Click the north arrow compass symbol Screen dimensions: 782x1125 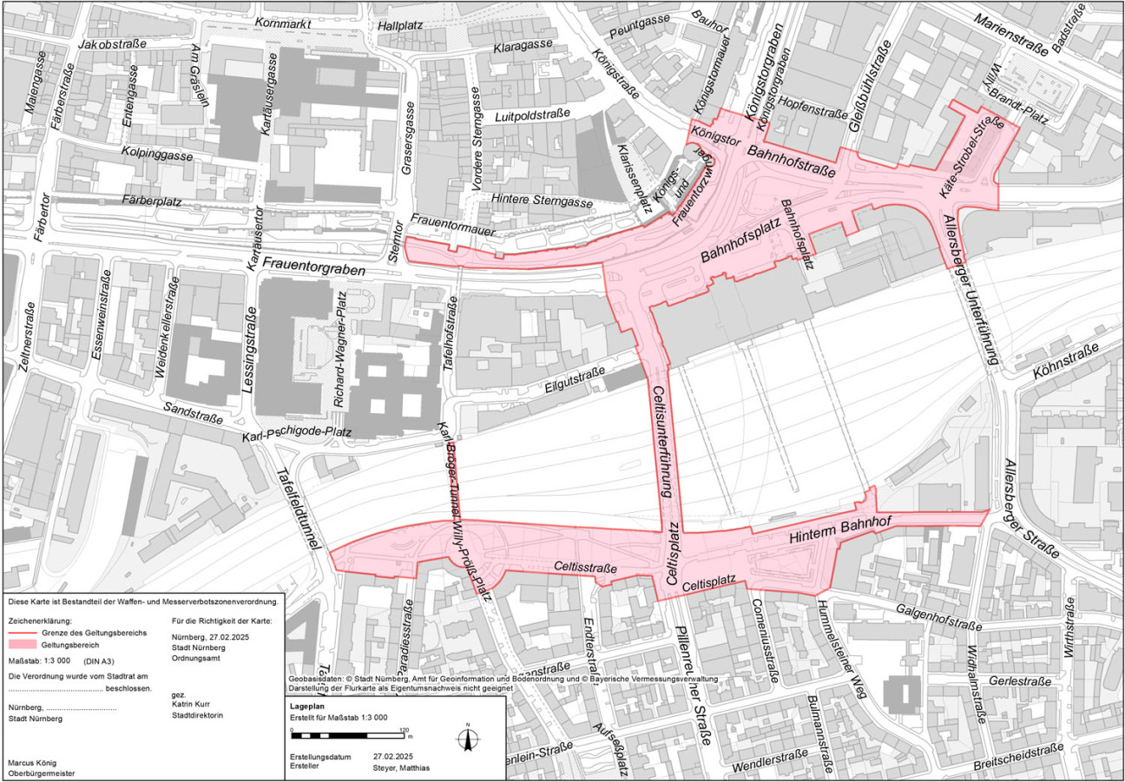tap(468, 739)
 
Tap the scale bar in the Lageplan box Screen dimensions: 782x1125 tap(348, 736)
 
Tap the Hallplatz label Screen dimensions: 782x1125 tap(400, 25)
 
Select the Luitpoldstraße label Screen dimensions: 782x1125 tap(530, 115)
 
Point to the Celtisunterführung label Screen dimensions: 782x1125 tap(662, 441)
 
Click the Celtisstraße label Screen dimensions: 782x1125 tap(585, 568)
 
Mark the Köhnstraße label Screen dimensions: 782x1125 tap(1065, 360)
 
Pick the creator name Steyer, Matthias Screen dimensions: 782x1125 tap(401, 767)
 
